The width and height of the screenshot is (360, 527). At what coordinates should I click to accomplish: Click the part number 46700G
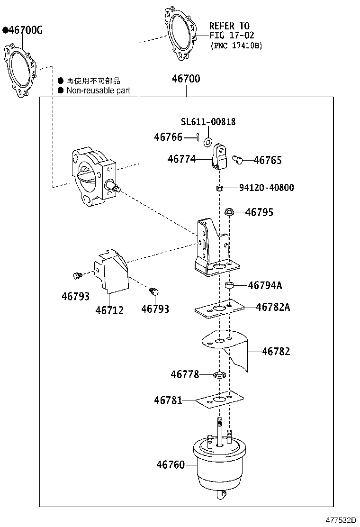click(x=25, y=31)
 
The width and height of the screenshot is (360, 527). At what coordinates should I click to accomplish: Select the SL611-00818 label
click(x=208, y=122)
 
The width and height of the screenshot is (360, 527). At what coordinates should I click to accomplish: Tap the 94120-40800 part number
click(x=266, y=188)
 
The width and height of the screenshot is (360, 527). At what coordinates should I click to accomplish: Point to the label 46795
click(x=259, y=212)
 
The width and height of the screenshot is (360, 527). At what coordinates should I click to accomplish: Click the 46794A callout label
click(x=265, y=285)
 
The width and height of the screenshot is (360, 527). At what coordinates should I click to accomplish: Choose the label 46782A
click(x=273, y=307)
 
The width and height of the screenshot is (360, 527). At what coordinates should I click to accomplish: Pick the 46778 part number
click(x=185, y=374)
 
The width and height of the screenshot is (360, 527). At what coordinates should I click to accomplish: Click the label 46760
click(x=171, y=465)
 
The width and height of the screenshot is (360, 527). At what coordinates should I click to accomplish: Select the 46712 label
click(x=109, y=310)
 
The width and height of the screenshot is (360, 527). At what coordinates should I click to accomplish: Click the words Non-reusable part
click(x=98, y=90)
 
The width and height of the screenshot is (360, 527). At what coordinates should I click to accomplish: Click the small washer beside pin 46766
click(x=208, y=142)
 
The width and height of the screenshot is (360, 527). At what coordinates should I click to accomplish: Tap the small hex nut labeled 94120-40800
click(x=219, y=188)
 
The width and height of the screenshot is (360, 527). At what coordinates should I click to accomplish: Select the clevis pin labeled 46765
click(x=238, y=160)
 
